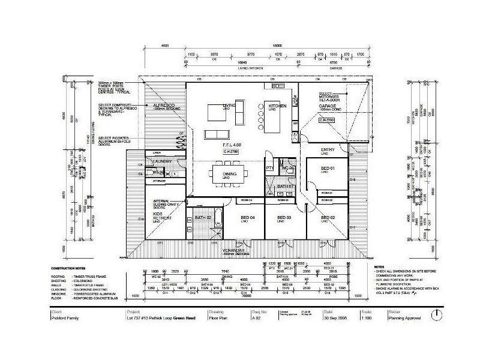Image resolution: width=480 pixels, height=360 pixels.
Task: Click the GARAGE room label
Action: tap(327, 106)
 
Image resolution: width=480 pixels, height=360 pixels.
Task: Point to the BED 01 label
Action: tap(327, 169)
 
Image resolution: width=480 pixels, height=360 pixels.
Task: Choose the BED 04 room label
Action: tap(248, 217)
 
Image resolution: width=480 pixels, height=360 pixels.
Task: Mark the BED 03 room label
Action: tap(284, 217)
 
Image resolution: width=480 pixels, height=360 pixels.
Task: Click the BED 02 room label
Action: tap(328, 217)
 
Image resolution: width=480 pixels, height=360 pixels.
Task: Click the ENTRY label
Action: tap(328, 149)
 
